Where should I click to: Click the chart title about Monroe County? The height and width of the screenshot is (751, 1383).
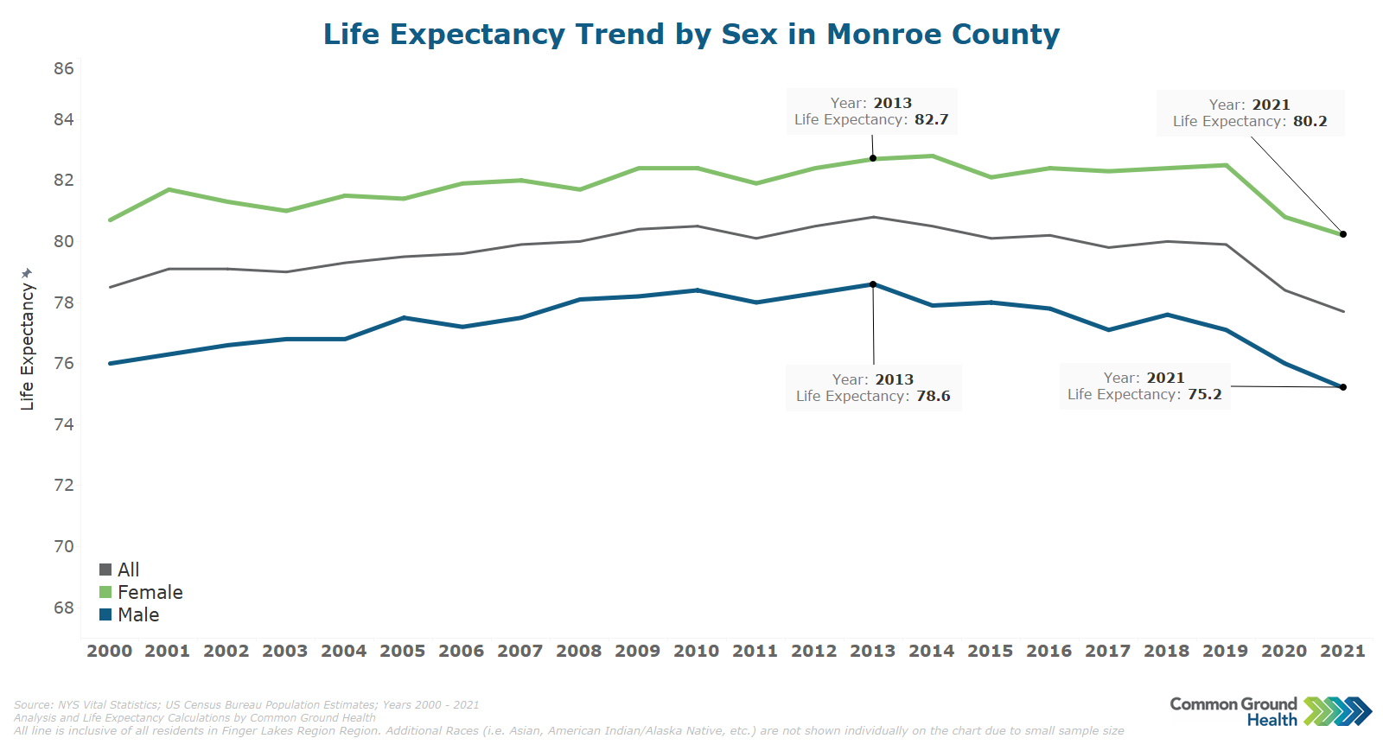[x=691, y=35]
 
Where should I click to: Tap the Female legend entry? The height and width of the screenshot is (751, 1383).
[x=150, y=592]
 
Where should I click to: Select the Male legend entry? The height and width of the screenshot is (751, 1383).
[x=138, y=614]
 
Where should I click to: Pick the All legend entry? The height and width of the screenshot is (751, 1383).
[x=128, y=570]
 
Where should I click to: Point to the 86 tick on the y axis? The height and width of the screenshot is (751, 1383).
[x=64, y=68]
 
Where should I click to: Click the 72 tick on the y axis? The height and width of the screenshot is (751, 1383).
[x=64, y=485]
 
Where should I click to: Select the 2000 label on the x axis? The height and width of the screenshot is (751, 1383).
[x=110, y=651]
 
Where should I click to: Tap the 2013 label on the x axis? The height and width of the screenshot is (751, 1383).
[x=872, y=651]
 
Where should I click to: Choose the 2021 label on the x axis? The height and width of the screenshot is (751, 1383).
[x=1342, y=651]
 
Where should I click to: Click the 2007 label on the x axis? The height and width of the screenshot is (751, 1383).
[x=519, y=651]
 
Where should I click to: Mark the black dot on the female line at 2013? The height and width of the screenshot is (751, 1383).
[x=873, y=158]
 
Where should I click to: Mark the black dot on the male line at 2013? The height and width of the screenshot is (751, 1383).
[x=873, y=284]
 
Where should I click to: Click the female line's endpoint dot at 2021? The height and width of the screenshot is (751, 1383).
[x=1343, y=234]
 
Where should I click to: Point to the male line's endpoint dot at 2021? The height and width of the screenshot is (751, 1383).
[x=1343, y=387]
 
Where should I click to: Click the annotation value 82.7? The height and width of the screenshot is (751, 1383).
[x=931, y=119]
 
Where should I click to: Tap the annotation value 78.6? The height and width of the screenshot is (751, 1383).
[x=933, y=396]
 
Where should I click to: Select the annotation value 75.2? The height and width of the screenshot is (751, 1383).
[x=1204, y=394]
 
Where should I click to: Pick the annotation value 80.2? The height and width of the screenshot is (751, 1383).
[x=1310, y=121]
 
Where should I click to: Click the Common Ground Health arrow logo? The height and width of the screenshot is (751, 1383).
[x=1337, y=711]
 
